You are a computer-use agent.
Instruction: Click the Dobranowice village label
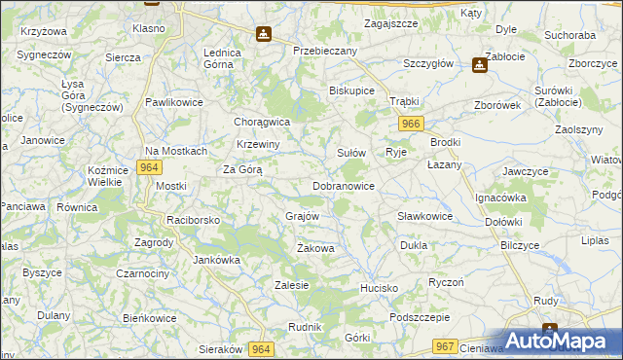tap(344, 185)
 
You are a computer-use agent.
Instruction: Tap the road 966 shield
tap(411, 124)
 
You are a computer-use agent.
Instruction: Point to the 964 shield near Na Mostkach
tap(148, 167)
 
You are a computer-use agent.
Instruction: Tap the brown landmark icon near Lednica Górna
tap(263, 35)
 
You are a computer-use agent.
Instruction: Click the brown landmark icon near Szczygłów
tap(479, 65)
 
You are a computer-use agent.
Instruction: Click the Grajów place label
tap(303, 215)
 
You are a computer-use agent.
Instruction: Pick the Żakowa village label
tap(315, 249)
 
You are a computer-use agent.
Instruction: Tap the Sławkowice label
tap(424, 216)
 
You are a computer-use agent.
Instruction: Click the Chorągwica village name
tap(263, 123)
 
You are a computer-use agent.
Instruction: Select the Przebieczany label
tap(326, 50)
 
